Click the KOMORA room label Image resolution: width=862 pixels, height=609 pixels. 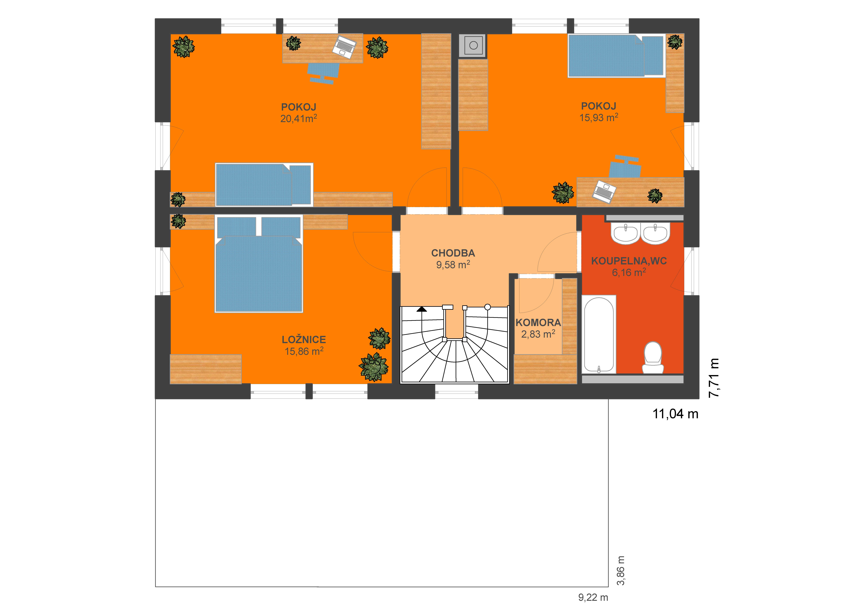point(538,322)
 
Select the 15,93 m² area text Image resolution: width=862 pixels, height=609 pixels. point(598,117)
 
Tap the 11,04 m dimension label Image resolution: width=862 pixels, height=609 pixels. point(675,414)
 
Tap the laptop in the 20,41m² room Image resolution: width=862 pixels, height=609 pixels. point(344,47)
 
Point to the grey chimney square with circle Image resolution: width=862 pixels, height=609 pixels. point(473,45)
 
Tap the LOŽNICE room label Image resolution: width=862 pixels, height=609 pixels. point(304,340)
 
